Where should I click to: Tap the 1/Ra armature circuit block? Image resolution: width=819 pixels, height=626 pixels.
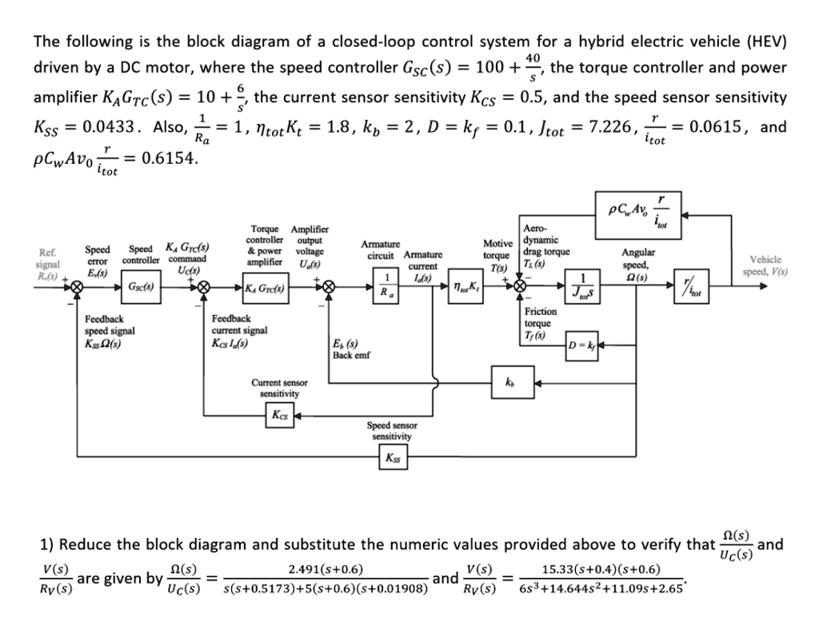click(387, 285)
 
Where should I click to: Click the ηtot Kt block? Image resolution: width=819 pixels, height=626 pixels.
click(465, 285)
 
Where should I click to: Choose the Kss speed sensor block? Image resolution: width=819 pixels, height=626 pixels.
click(394, 458)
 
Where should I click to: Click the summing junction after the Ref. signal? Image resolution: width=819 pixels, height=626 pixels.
click(77, 286)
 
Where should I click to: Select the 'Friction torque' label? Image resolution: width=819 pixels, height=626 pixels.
click(540, 317)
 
